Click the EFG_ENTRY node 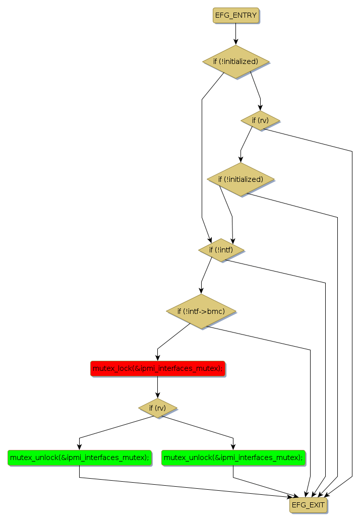236,16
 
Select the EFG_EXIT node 308,505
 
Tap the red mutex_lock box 157,368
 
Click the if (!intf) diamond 221,249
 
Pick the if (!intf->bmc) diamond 201,311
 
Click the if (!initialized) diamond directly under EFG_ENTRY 235,61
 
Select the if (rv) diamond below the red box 157,407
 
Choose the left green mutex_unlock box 80,458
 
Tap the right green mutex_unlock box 233,458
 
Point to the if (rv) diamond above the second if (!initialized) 260,120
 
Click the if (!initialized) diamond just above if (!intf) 241,179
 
